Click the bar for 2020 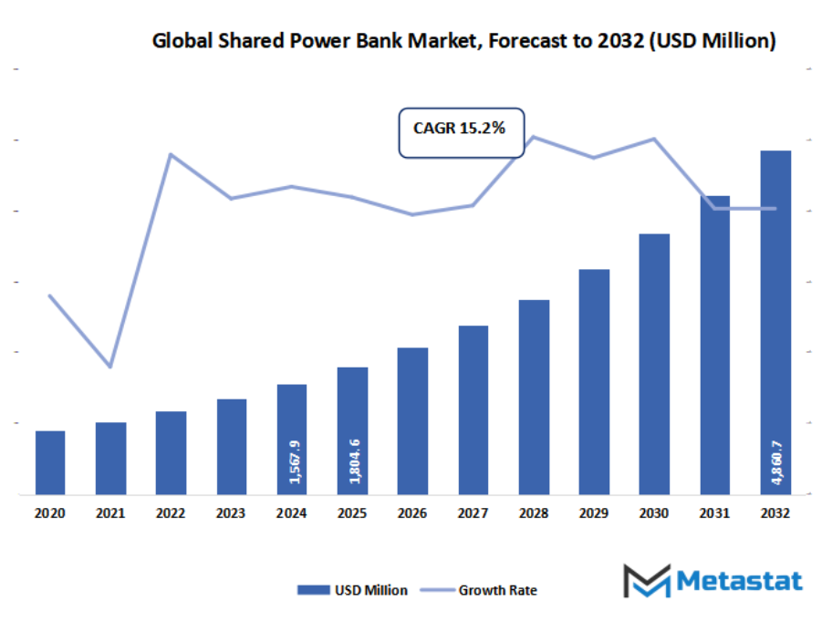coord(50,461)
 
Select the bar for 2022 coord(171,452)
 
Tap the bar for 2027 coord(473,409)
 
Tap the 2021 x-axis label coord(110,513)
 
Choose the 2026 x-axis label coord(412,513)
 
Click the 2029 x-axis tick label coord(594,513)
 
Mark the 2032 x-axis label coord(775,513)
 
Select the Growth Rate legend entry coord(484,590)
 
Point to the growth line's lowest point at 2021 coord(110,366)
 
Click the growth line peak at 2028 coord(533,137)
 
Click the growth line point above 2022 coord(171,154)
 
